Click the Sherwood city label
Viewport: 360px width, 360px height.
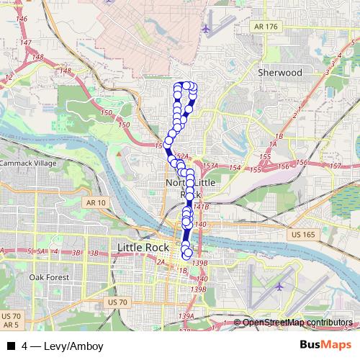(279, 73)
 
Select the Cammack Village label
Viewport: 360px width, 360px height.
(27, 163)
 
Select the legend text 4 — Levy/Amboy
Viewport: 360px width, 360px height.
(63, 346)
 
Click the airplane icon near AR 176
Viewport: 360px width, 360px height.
(207, 30)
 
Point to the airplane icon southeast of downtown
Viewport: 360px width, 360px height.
(279, 286)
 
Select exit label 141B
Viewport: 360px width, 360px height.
(201, 207)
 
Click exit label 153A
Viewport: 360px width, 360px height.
(210, 166)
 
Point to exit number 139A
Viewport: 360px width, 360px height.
(187, 315)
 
